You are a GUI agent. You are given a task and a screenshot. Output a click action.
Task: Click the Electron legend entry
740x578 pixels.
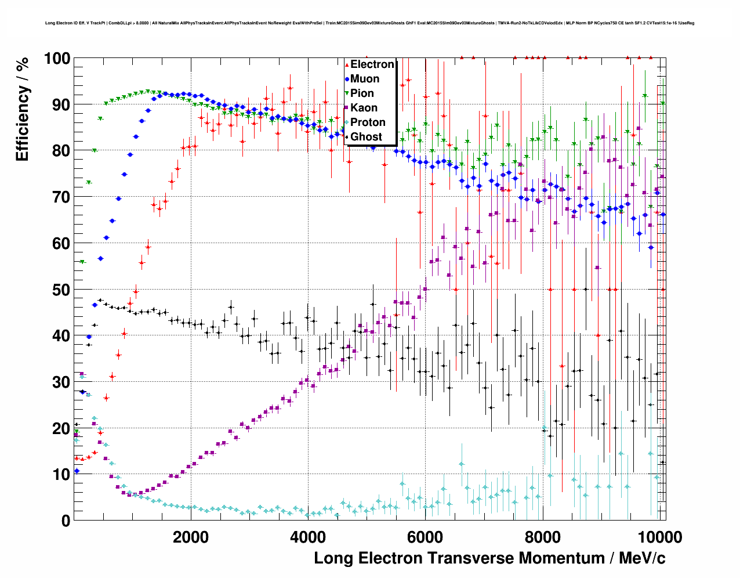tap(372, 64)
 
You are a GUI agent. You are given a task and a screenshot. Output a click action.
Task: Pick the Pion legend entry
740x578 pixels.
tap(362, 93)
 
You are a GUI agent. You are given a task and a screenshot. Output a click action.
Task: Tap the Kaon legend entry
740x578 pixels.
tap(364, 108)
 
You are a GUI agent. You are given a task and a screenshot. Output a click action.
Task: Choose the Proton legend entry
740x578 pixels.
tap(368, 122)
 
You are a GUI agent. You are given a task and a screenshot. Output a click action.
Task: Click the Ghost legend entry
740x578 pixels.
tap(366, 137)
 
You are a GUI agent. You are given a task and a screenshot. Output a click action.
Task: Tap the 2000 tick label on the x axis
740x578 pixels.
tap(191, 537)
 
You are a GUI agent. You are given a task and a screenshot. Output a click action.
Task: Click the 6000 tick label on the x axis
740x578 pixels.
tap(425, 537)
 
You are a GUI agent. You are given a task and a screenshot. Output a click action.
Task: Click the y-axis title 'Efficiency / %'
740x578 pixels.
tap(22, 110)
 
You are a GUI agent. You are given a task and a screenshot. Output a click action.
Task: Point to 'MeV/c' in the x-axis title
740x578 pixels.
tap(642, 558)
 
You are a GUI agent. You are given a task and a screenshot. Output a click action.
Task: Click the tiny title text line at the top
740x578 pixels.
tap(369, 23)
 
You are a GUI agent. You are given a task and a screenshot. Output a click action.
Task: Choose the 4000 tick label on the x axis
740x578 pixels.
tap(308, 537)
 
